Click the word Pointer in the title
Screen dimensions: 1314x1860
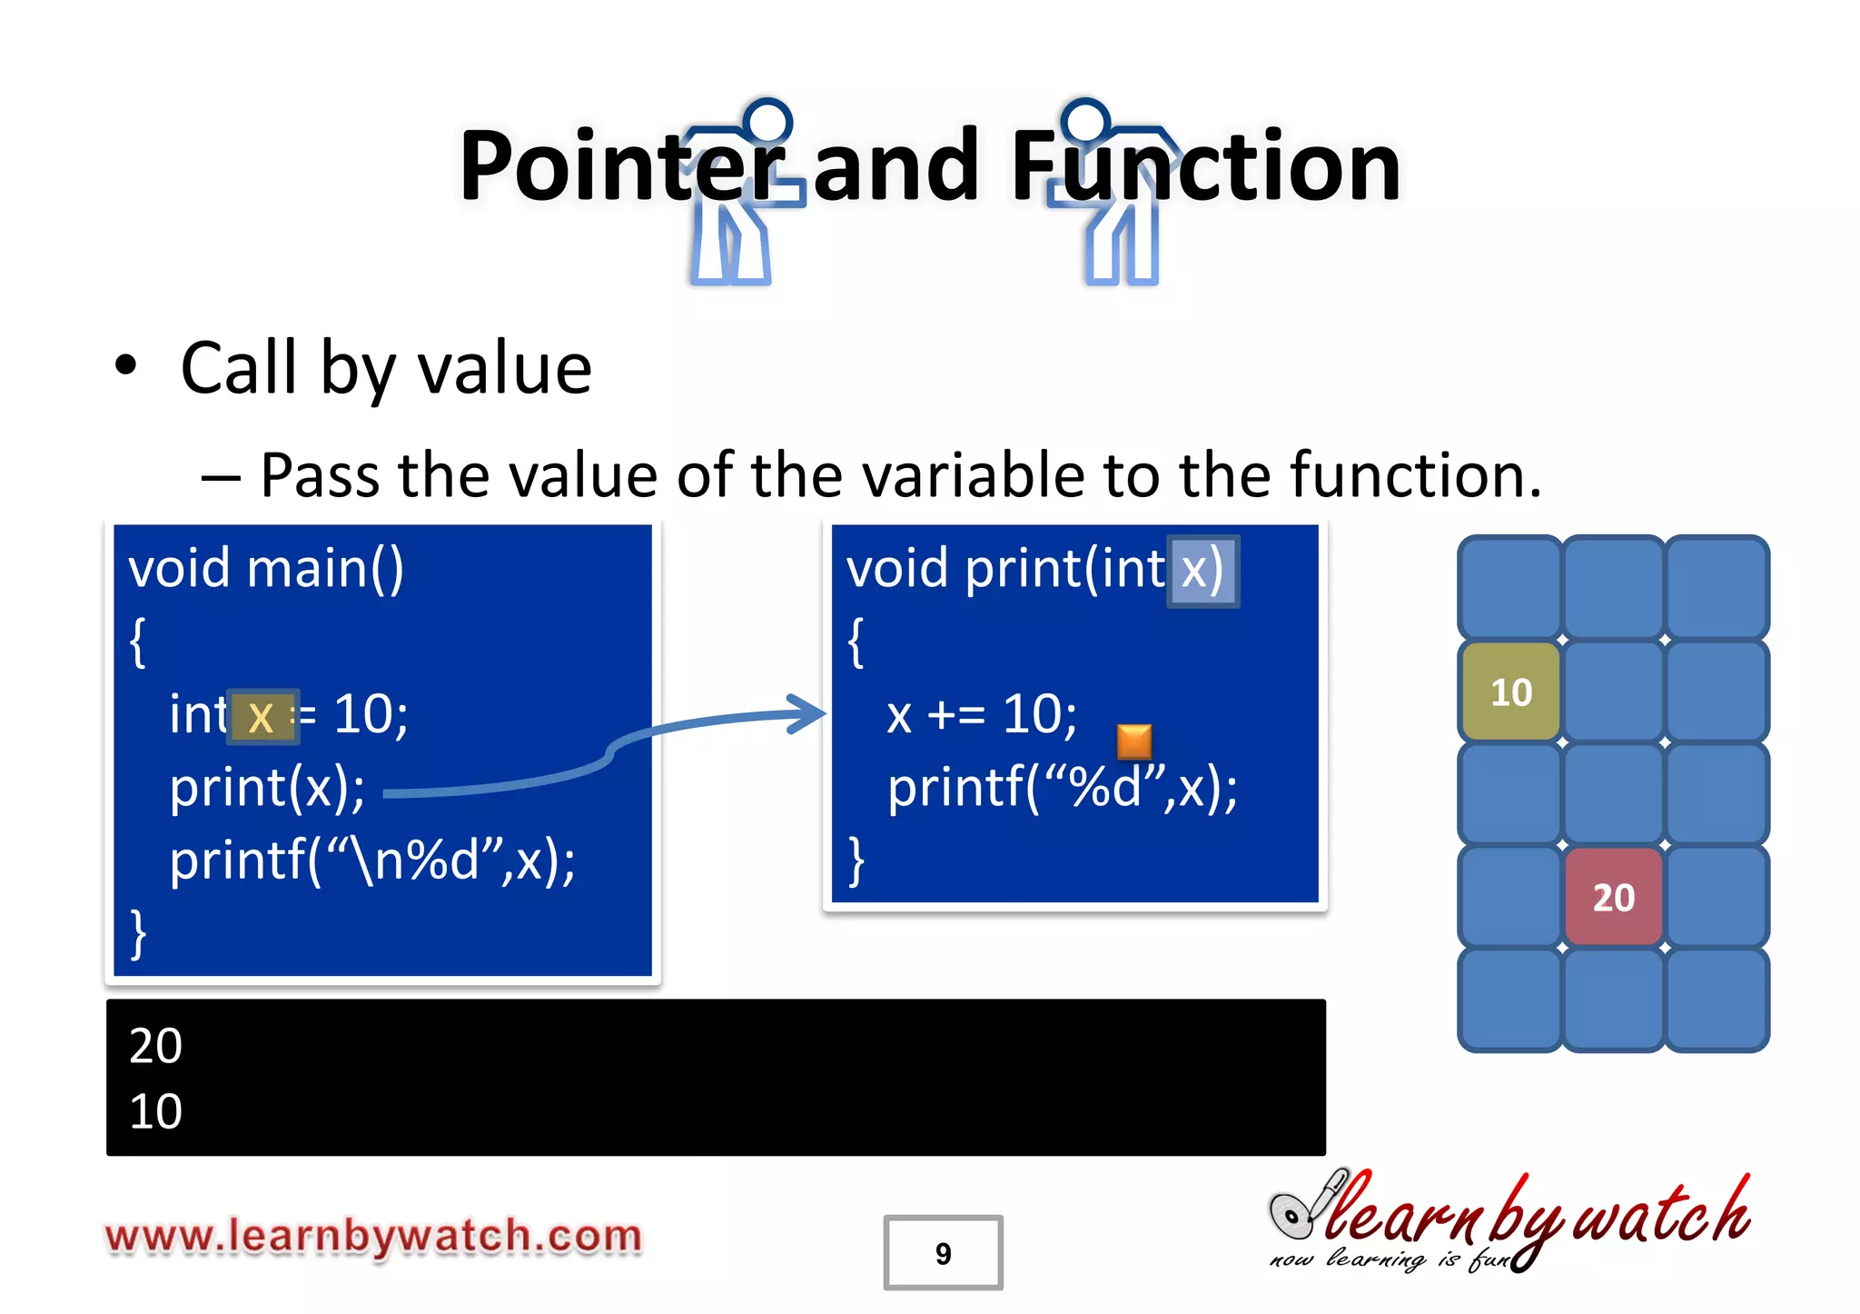coord(622,167)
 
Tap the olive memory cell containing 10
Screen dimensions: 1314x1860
coord(1510,692)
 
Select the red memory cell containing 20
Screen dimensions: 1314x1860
coord(1613,897)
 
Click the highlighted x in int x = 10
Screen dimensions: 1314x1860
coord(262,717)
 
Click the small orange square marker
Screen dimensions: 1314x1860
coord(1133,742)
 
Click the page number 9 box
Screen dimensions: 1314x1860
coord(943,1252)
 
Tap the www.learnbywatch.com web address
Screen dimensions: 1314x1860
coord(373,1237)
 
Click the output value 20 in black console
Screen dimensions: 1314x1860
coord(155,1045)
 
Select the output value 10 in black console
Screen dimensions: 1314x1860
coord(155,1111)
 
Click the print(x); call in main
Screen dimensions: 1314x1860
coord(267,788)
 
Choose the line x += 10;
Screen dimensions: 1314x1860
coord(981,715)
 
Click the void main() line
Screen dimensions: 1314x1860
coord(266,570)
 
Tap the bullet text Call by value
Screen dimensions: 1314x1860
coord(386,368)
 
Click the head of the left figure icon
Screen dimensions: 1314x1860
coord(767,122)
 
